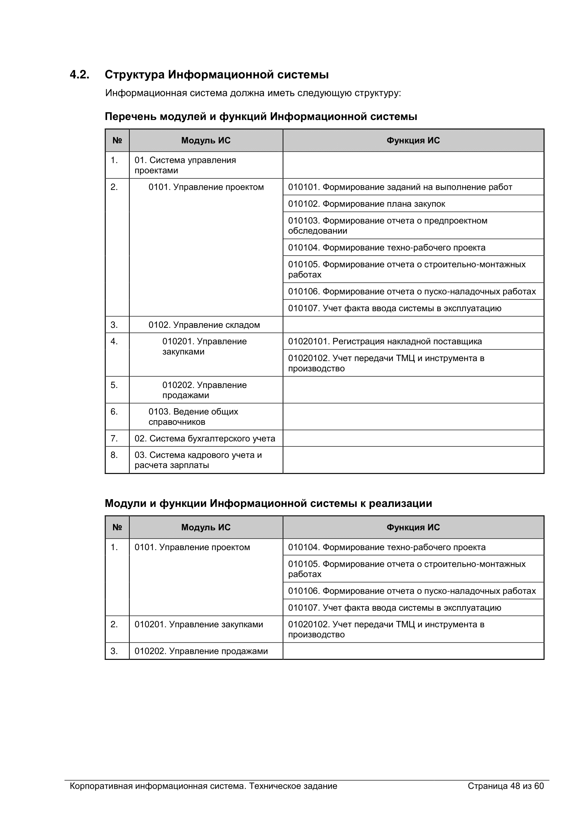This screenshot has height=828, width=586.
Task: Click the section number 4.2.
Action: pos(79,75)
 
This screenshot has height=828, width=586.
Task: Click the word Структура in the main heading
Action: pos(135,75)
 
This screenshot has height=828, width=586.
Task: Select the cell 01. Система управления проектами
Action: pos(185,165)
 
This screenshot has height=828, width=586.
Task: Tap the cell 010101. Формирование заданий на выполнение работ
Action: pos(400,187)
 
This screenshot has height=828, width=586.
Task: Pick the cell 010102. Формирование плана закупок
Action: pos(366,204)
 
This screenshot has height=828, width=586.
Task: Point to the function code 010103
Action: pos(304,221)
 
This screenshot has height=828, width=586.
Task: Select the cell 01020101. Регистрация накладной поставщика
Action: pos(385,342)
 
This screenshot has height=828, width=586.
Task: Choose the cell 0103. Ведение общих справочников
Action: pos(193,417)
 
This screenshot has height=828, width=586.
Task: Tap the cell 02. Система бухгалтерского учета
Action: pos(204,439)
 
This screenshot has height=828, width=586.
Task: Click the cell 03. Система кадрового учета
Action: pos(198,460)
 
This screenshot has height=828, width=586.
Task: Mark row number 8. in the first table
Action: pos(114,455)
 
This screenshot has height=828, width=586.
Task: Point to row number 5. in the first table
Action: pos(114,385)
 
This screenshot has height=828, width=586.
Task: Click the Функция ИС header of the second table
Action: pos(413,527)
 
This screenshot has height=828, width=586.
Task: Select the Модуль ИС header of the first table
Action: pos(206,141)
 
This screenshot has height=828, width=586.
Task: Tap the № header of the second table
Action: pos(117,527)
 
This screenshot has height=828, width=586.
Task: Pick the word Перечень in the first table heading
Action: pos(131,116)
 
